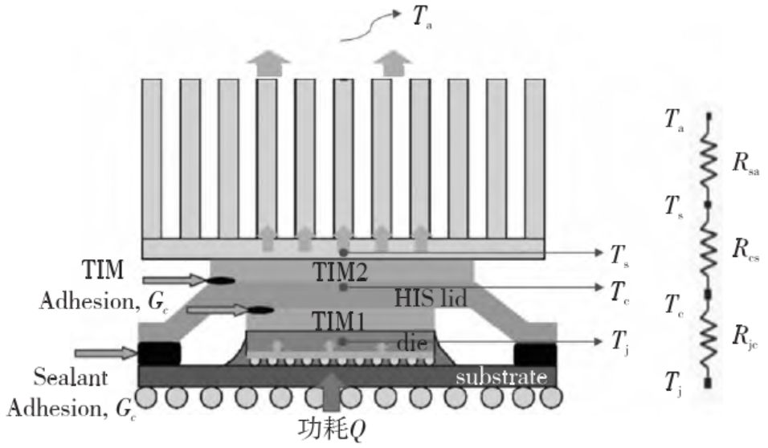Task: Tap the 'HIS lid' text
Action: coord(430,297)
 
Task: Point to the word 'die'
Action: coord(408,343)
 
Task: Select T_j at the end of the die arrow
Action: coord(620,342)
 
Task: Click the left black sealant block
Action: coord(159,353)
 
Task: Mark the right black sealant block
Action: coord(534,353)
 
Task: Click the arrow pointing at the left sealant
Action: coord(104,352)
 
